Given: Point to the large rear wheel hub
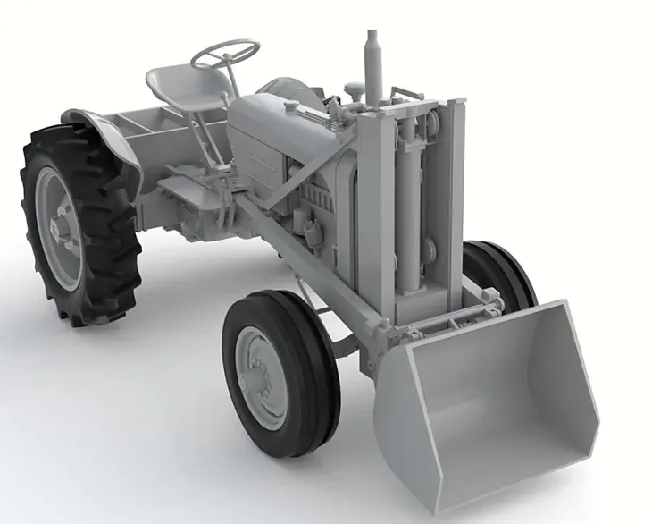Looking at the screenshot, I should [59, 229].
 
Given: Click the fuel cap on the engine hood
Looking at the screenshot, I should [291, 106].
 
